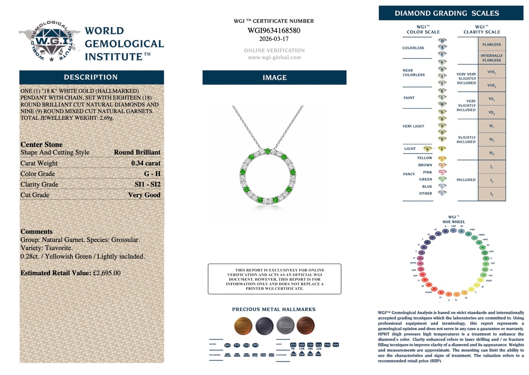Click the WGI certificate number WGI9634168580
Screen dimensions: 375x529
(x=274, y=31)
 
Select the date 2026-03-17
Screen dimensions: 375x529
(x=274, y=39)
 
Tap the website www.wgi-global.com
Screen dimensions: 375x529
(x=274, y=57)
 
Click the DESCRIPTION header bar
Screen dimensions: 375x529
(x=91, y=77)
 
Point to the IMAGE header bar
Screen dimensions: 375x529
(x=274, y=77)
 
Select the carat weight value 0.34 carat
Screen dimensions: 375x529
(x=146, y=163)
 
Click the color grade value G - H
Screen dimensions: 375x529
(x=152, y=174)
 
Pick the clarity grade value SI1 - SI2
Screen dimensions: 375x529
(x=147, y=184)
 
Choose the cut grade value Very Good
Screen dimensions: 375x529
(x=144, y=195)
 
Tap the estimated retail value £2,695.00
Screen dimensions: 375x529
(x=107, y=273)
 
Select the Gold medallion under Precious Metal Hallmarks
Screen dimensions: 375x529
(x=243, y=325)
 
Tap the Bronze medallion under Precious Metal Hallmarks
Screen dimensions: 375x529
(x=305, y=325)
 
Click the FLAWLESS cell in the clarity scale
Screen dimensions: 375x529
(x=492, y=44)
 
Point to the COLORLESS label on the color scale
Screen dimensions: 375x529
(x=413, y=48)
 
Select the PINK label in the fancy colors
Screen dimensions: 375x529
(x=427, y=172)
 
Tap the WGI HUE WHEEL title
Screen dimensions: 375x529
(x=453, y=219)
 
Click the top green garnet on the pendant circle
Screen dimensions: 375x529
(x=267, y=151)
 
